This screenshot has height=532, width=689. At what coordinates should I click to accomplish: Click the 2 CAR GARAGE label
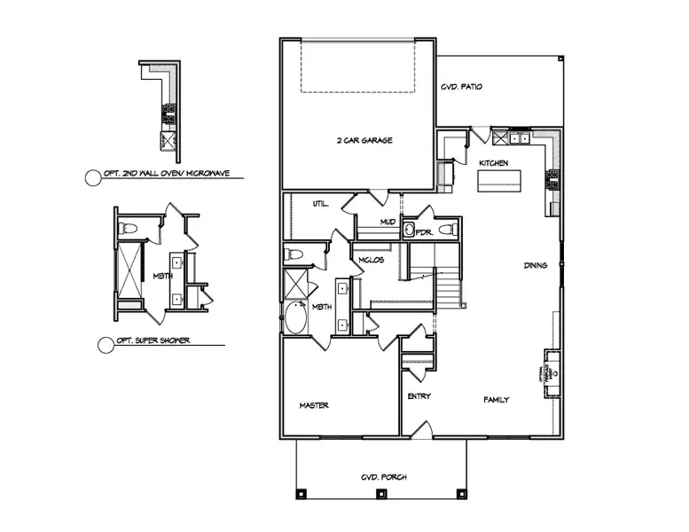pos(364,141)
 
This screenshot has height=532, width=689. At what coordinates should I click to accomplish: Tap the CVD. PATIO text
pos(462,88)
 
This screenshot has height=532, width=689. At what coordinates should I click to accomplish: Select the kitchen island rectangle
pos(501,181)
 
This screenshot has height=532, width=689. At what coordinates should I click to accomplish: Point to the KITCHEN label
pos(493,164)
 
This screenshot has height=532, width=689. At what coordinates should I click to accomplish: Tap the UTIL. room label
pos(321,204)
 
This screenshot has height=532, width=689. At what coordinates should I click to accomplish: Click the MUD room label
pos(388,223)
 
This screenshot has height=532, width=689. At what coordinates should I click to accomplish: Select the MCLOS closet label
pos(370,260)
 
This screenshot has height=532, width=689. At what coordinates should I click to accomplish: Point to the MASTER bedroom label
pos(314,405)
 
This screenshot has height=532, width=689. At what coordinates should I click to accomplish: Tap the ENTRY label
pos(419,396)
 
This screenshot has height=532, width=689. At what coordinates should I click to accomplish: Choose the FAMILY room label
pos(496,400)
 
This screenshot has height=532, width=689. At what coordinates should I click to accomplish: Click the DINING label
pos(536,265)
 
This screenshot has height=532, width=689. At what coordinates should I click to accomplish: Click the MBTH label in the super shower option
pos(161,275)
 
